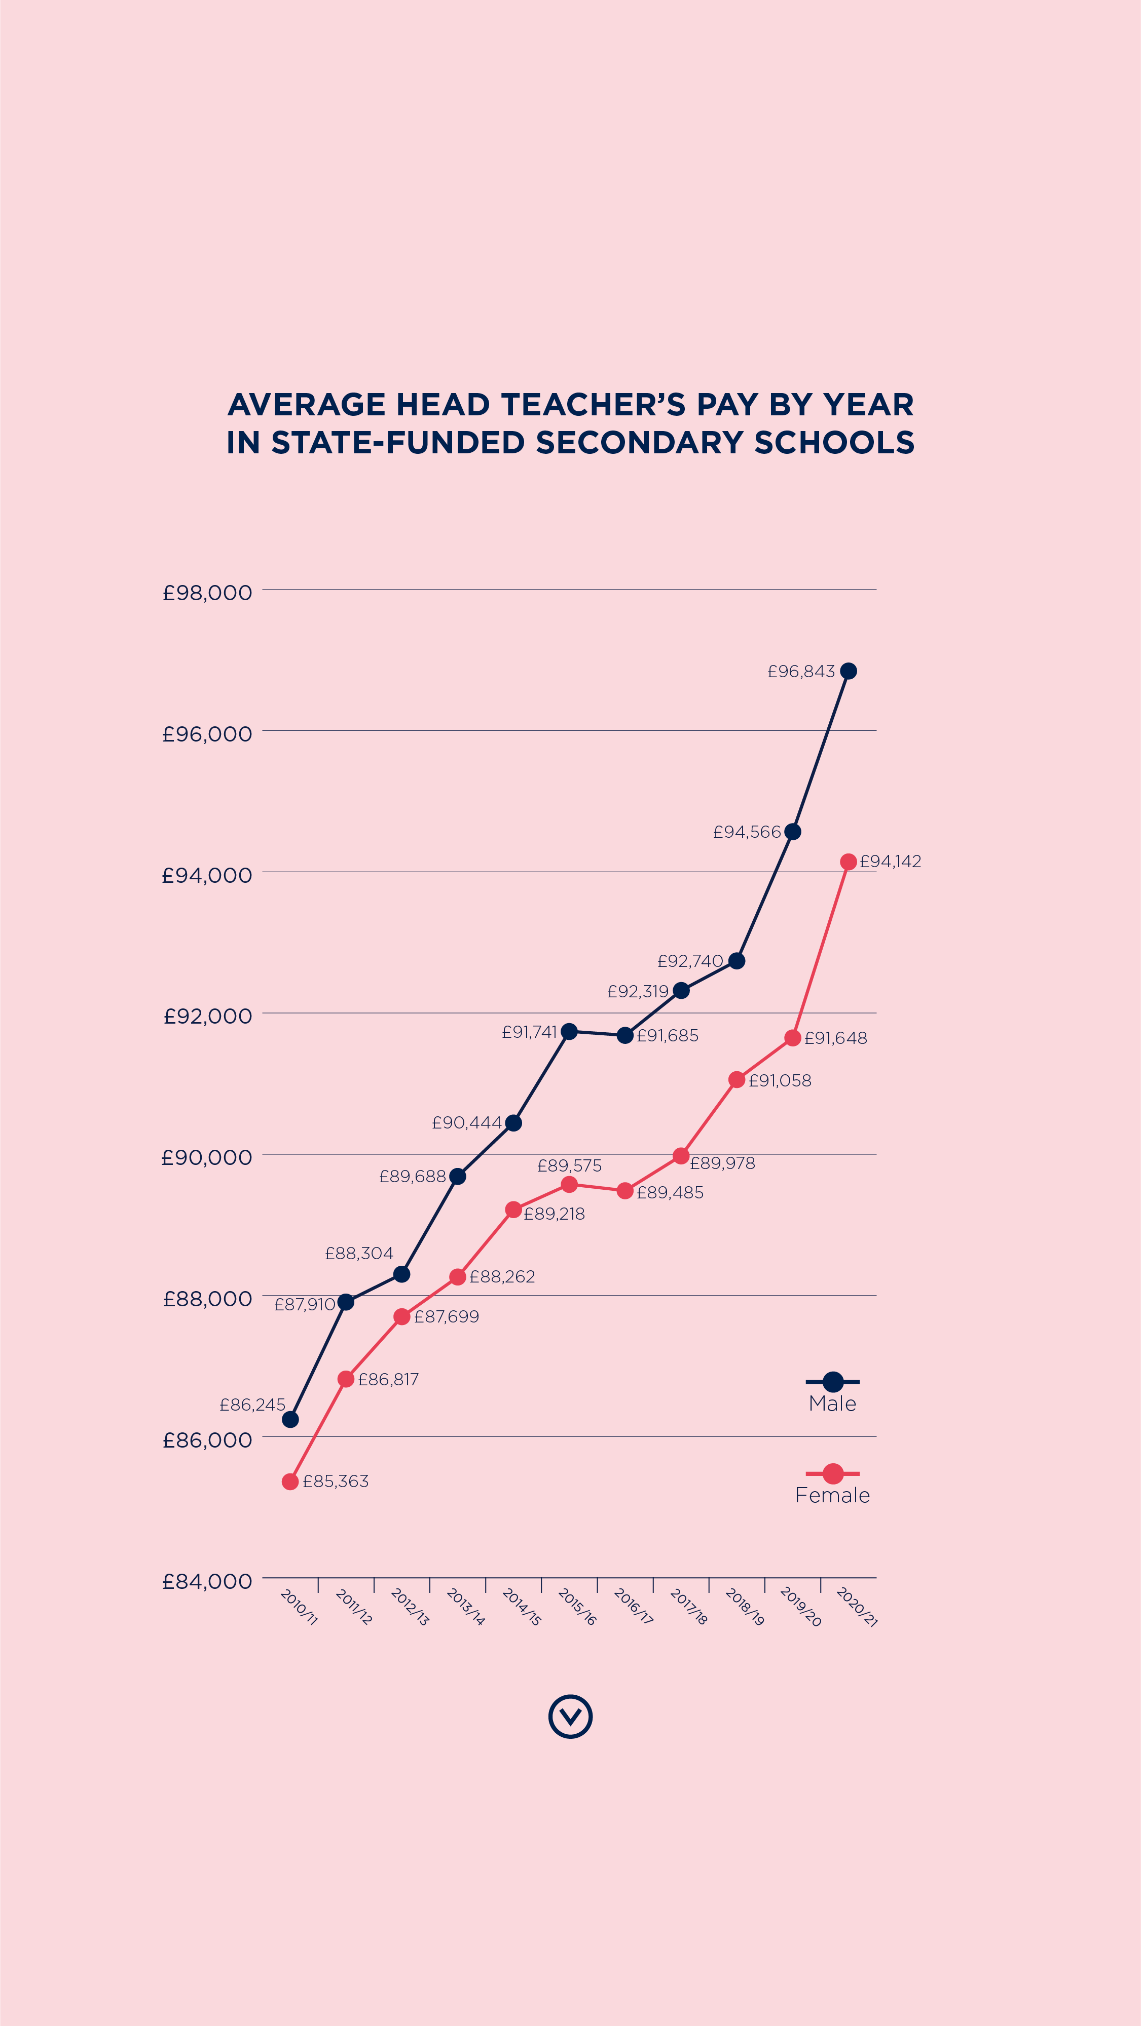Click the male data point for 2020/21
click(849, 671)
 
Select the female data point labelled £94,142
click(849, 862)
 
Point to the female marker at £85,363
click(290, 1481)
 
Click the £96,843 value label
click(800, 672)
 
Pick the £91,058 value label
click(779, 1081)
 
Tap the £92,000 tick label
click(207, 1016)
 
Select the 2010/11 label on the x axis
click(299, 1606)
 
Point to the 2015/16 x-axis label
click(577, 1606)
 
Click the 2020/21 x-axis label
click(856, 1606)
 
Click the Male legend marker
click(832, 1381)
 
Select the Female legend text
click(832, 1495)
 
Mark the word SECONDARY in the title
click(639, 443)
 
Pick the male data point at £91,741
click(569, 1031)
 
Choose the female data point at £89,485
click(625, 1191)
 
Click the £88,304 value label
click(359, 1253)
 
